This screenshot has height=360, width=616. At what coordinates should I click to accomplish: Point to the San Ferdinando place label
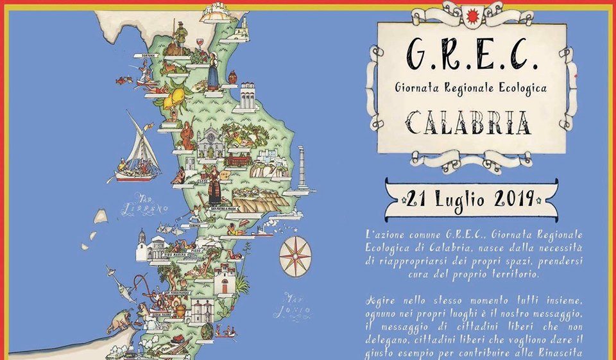(x=176, y=293)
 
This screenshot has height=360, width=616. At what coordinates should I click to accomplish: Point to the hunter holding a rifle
(x=182, y=35)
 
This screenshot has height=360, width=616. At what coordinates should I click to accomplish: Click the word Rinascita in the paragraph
(x=583, y=353)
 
